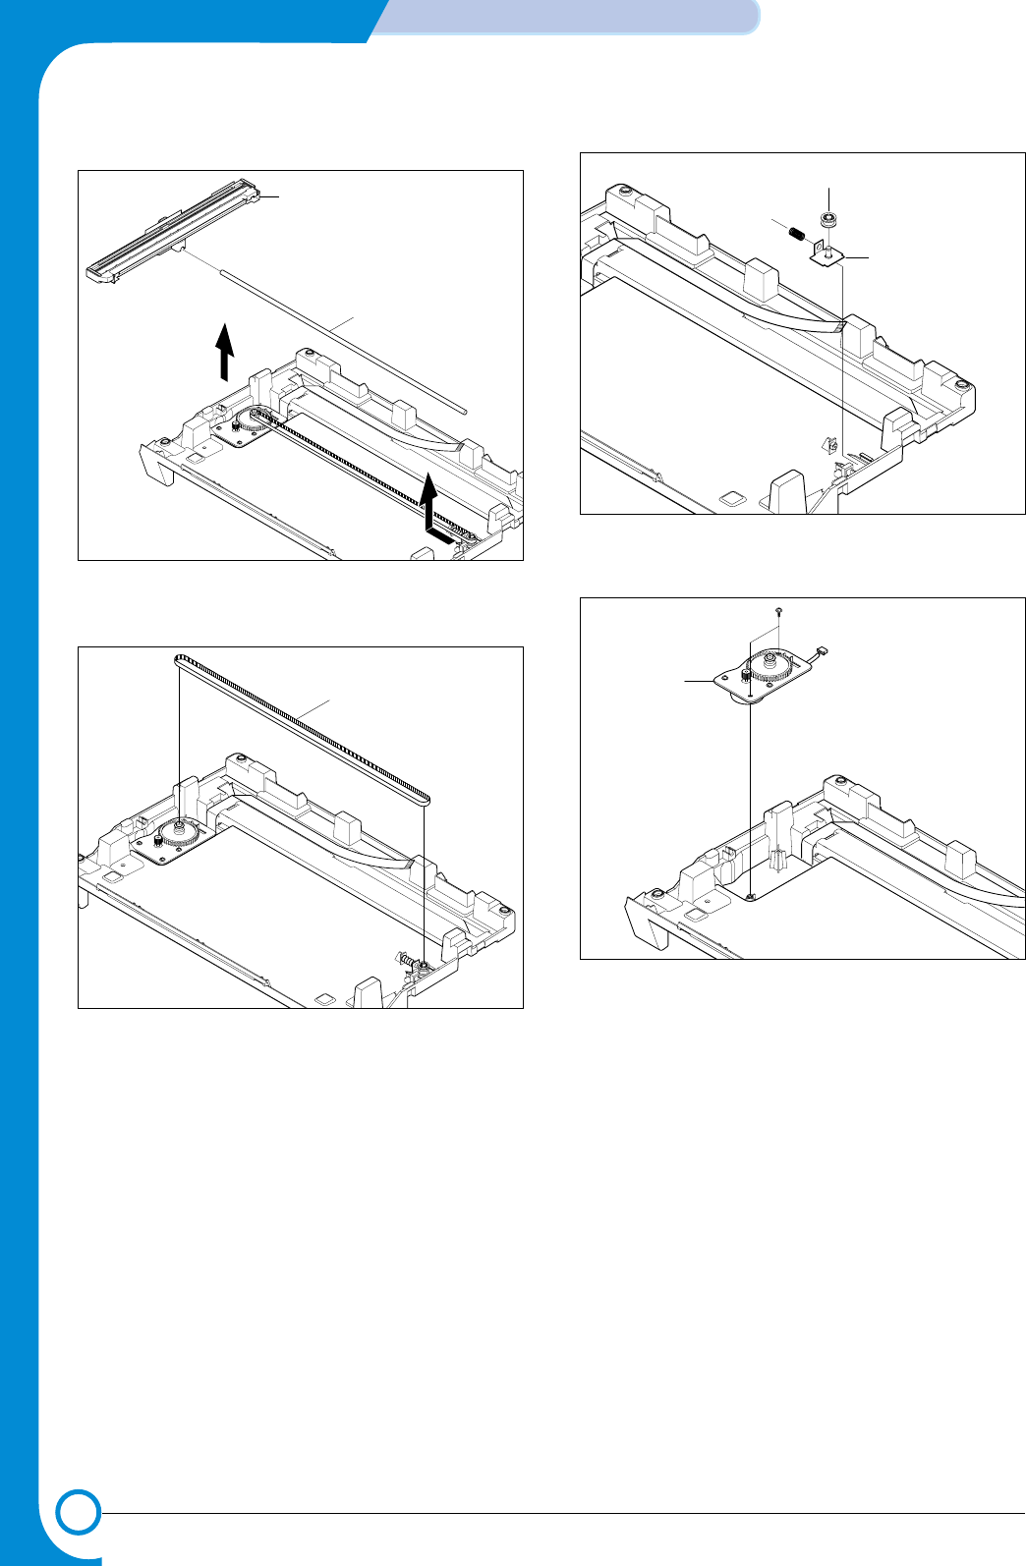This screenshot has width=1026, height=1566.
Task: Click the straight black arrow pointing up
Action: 225,351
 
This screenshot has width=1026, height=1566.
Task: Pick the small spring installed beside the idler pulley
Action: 403,958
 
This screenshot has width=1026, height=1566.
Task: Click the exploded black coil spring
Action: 798,233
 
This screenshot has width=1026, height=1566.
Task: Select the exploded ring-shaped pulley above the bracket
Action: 829,219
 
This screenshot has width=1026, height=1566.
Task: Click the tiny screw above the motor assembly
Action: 778,611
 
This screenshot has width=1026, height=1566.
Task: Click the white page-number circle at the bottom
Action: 79,1514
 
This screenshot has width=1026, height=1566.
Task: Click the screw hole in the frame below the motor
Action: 750,897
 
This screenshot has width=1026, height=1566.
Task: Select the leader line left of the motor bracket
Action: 700,679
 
